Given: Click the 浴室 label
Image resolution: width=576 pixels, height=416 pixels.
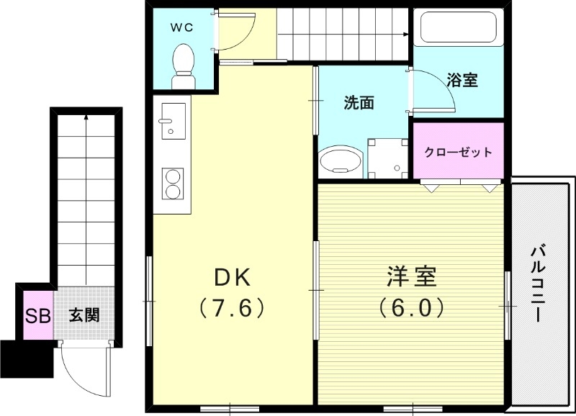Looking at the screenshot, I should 462,80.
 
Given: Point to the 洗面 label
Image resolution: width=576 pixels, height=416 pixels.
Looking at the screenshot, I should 358,103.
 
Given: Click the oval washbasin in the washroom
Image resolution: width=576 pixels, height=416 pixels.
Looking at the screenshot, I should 341,160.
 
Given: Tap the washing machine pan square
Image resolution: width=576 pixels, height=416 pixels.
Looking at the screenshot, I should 386,158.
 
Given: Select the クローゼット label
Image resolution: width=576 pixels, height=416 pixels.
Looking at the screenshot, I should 458,152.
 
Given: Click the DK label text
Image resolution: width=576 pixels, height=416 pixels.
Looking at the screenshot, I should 231,277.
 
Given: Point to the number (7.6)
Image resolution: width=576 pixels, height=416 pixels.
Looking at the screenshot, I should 232,308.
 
